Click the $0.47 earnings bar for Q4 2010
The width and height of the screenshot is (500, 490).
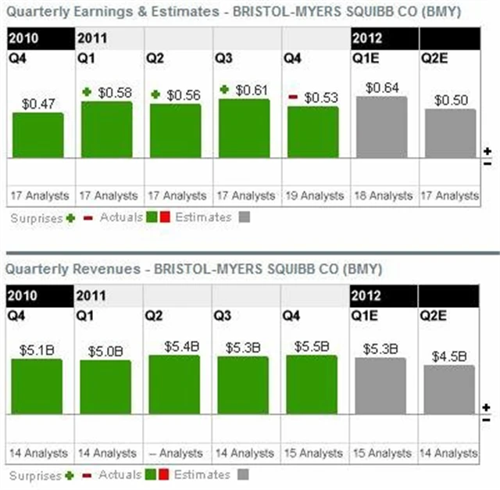click(37, 135)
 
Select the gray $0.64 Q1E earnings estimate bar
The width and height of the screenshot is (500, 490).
click(381, 127)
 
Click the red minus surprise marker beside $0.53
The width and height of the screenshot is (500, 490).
click(293, 98)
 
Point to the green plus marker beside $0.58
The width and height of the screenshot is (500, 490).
click(87, 92)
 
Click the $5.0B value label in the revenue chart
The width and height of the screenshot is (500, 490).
click(105, 352)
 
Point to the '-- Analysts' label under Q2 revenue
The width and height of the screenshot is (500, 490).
click(176, 452)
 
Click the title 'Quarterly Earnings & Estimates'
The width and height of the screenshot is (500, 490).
click(105, 12)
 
